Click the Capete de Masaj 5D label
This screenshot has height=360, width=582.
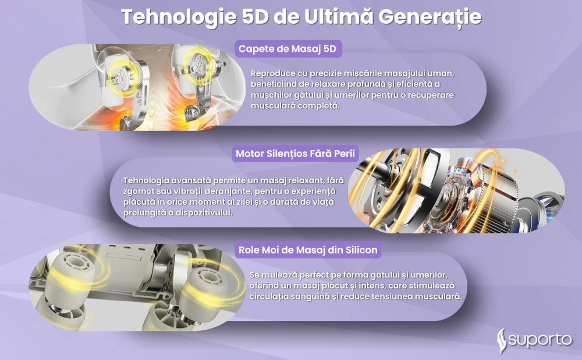(x=288, y=49)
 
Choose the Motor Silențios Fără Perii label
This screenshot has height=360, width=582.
(x=296, y=154)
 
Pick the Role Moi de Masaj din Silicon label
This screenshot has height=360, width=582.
(x=308, y=250)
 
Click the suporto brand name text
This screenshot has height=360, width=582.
(x=540, y=340)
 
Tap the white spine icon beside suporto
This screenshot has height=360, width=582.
(x=502, y=340)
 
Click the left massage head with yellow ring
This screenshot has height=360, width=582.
(x=122, y=80)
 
